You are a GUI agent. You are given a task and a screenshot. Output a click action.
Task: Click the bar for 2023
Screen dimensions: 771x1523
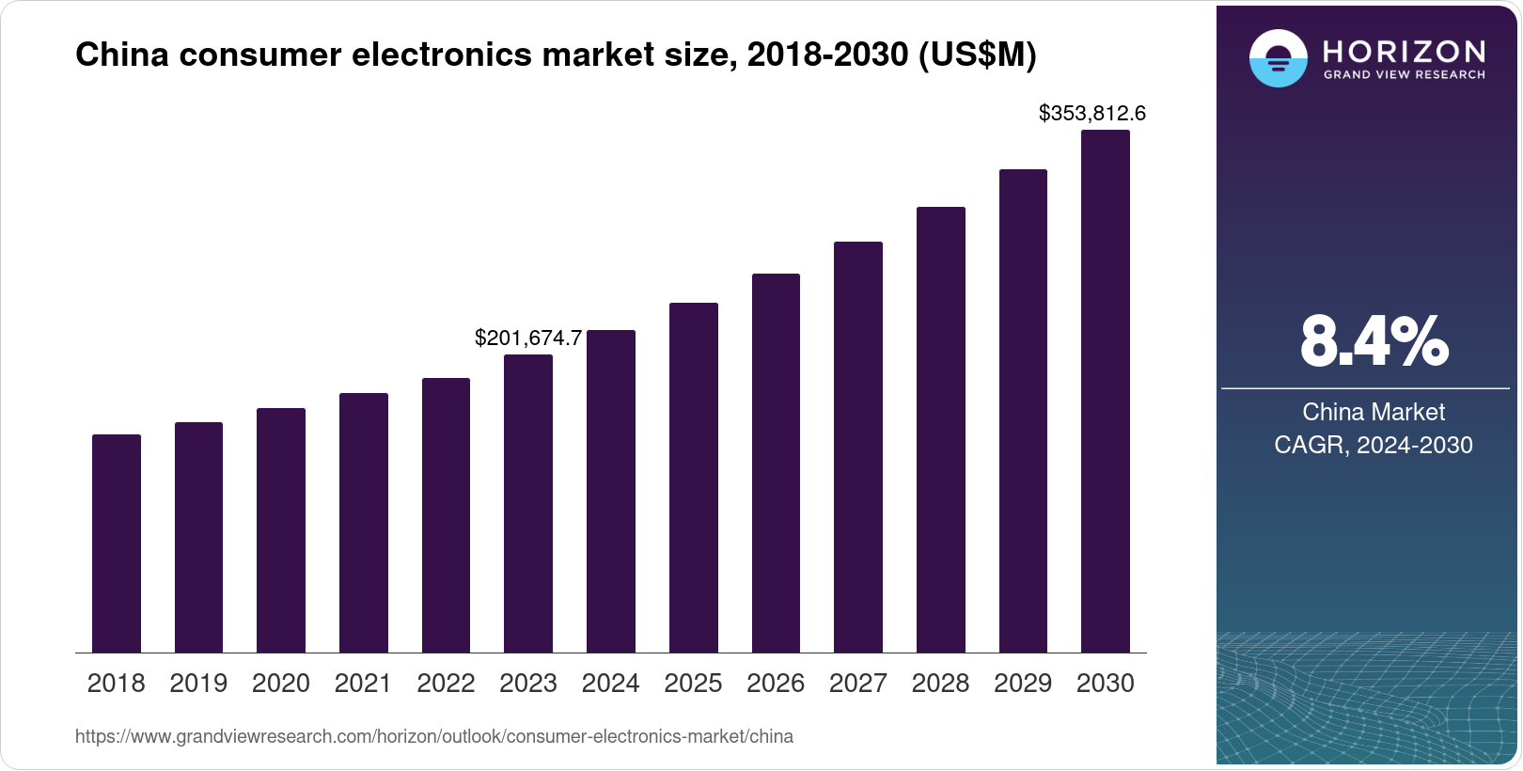pyautogui.click(x=528, y=504)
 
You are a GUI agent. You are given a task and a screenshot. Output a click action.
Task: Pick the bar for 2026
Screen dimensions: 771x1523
pyautogui.click(x=776, y=464)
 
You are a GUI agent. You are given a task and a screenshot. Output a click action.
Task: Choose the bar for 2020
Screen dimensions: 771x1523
pyautogui.click(x=281, y=530)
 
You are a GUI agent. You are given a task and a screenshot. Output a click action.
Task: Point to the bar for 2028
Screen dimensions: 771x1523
pyautogui.click(x=941, y=430)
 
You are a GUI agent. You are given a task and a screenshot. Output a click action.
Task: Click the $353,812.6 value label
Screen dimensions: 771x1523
pyautogui.click(x=1091, y=114)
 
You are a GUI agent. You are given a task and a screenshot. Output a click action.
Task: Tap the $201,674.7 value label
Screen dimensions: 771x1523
pyautogui.click(x=528, y=338)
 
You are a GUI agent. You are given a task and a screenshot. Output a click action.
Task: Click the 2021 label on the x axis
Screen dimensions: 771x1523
pyautogui.click(x=363, y=684)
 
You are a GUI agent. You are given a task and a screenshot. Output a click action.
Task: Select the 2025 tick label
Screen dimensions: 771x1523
pyautogui.click(x=693, y=684)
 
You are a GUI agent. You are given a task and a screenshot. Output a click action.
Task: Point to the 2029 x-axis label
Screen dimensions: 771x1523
pyautogui.click(x=1023, y=684)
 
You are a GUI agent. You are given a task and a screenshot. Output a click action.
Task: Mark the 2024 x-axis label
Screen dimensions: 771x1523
pyautogui.click(x=610, y=684)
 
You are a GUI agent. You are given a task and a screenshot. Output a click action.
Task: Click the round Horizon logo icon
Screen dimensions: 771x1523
pyautogui.click(x=1278, y=59)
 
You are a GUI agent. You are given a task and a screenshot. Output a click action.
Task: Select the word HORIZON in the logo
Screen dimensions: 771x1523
pyautogui.click(x=1405, y=51)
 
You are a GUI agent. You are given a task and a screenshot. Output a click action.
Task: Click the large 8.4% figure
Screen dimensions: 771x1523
pyautogui.click(x=1374, y=342)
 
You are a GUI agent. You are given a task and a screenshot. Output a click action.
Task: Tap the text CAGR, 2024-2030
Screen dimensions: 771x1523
pyautogui.click(x=1373, y=445)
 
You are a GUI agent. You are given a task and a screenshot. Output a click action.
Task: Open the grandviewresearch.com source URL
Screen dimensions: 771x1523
pyautogui.click(x=433, y=737)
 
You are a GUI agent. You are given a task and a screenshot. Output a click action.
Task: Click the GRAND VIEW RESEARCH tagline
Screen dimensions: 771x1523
pyautogui.click(x=1405, y=74)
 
